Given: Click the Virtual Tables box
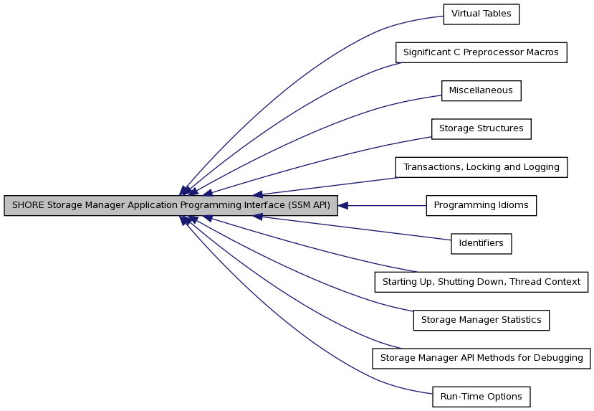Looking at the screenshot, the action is click(x=481, y=14).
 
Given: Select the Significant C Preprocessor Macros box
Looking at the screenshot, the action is click(x=481, y=52).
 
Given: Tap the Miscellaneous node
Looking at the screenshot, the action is click(x=481, y=90).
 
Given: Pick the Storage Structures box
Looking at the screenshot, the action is click(x=481, y=129).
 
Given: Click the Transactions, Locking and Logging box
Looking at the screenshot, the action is click(x=481, y=167).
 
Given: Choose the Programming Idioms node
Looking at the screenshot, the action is click(x=481, y=205).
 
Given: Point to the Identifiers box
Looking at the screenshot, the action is click(x=481, y=244).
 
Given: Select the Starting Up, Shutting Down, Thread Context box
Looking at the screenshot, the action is click(x=481, y=282).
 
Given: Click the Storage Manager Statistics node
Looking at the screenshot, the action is click(x=481, y=321).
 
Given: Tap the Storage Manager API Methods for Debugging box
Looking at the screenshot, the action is click(x=481, y=359).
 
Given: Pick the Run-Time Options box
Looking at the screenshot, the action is click(x=481, y=397).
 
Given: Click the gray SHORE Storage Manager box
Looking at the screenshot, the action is click(x=171, y=205).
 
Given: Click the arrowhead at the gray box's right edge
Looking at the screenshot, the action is click(x=342, y=205).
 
